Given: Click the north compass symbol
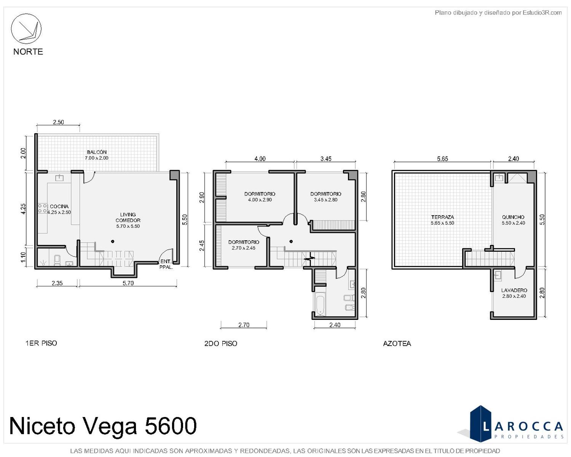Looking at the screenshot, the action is [26, 29].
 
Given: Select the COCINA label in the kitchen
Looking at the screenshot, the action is [59, 206].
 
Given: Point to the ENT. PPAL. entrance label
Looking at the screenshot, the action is [166, 264].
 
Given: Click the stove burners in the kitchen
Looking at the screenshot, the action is [43, 208].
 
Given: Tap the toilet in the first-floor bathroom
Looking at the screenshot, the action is [57, 260].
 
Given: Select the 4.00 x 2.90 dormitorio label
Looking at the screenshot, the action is [260, 197].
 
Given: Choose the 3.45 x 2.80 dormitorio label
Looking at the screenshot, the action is [326, 197].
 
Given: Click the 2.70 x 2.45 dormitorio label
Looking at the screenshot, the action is [244, 245].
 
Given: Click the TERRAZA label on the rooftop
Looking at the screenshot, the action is [442, 217].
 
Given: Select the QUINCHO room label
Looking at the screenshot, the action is [513, 217].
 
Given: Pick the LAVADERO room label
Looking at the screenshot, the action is [514, 290].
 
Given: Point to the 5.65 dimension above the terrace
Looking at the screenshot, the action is [442, 159].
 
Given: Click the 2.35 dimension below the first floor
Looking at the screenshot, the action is [57, 283].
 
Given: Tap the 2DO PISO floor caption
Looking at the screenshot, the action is [221, 344].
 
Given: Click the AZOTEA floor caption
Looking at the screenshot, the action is [397, 344].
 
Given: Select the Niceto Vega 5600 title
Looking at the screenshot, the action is [103, 426].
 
